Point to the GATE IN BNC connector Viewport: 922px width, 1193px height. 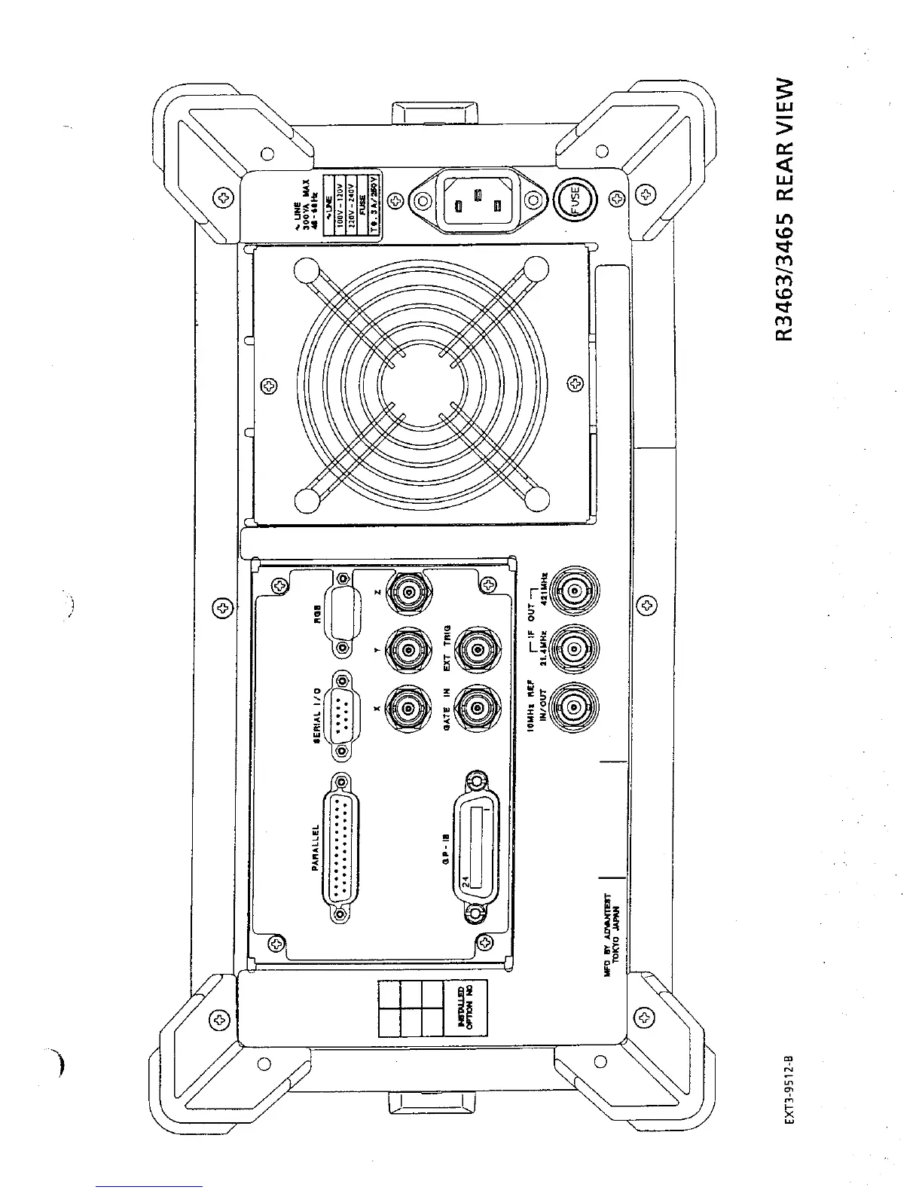click(x=478, y=707)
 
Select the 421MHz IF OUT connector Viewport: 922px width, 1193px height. click(x=575, y=592)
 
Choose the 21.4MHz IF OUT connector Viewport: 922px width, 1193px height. click(x=575, y=646)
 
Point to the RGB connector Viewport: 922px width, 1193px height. click(x=343, y=613)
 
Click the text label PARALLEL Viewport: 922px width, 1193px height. click(x=317, y=848)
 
